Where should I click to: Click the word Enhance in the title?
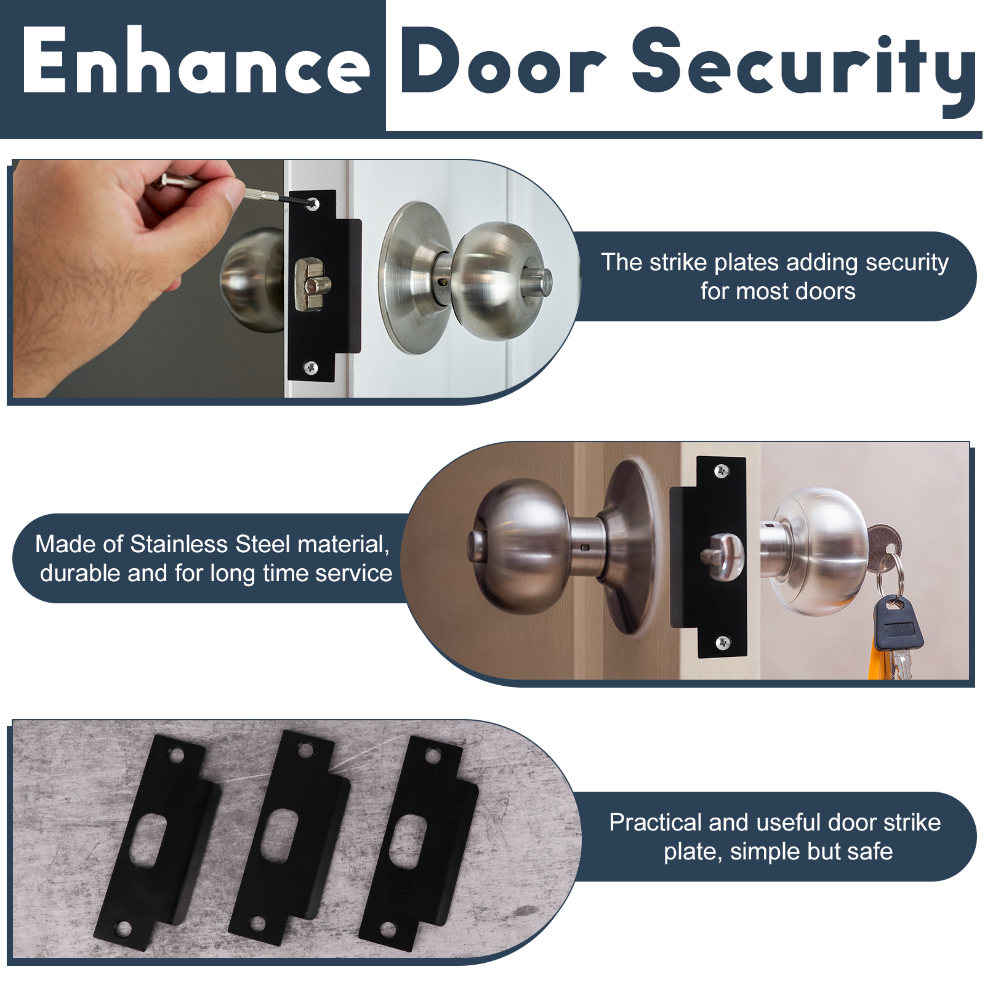click(196, 62)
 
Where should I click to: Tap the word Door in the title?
click(504, 62)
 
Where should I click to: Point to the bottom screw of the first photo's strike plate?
click(312, 368)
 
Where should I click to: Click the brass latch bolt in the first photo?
click(312, 284)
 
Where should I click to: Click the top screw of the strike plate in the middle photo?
click(722, 472)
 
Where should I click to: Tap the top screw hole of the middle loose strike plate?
click(305, 750)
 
